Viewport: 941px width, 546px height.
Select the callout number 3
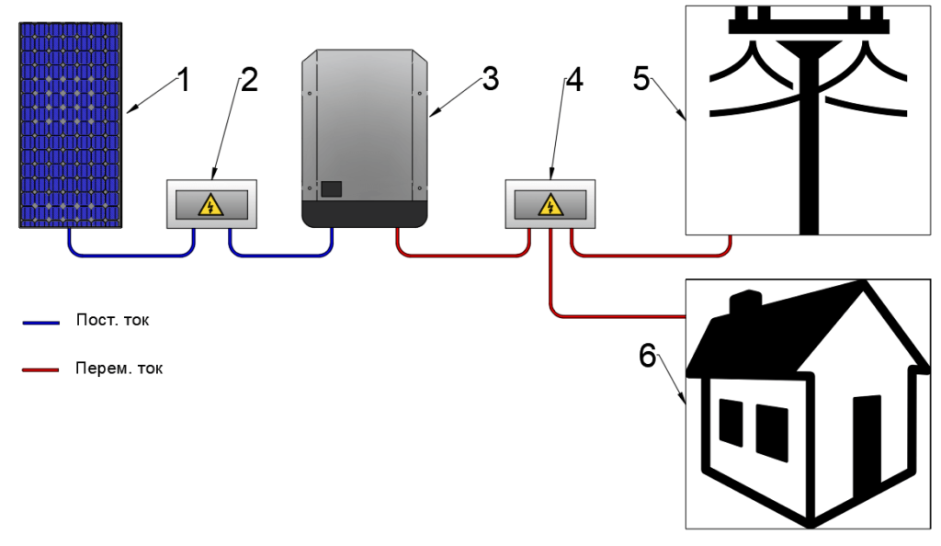tap(490, 79)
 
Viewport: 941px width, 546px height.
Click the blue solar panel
tap(72, 126)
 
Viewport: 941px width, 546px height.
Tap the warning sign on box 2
tap(210, 204)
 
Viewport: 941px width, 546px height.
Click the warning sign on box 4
tap(550, 204)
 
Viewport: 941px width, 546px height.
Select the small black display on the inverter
tap(330, 189)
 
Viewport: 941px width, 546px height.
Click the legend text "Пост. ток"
tap(112, 321)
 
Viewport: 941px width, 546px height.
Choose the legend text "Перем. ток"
tap(119, 368)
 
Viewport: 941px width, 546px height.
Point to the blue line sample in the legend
tap(40, 323)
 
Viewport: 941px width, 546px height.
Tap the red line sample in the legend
tap(40, 370)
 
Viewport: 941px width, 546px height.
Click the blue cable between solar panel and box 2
tap(129, 255)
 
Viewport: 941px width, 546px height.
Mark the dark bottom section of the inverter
tap(365, 215)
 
